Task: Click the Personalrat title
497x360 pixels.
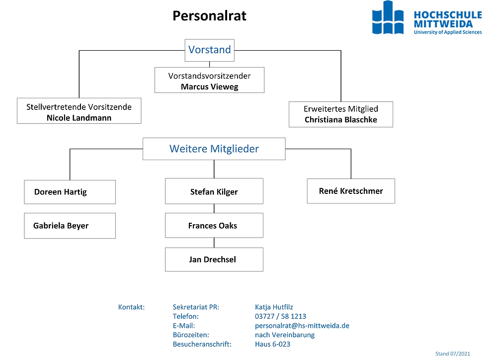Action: pos(209,16)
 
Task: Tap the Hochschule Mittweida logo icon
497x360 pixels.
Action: pos(388,17)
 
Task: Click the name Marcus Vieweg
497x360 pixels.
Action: pos(210,87)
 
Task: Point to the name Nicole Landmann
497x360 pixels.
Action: pos(79,118)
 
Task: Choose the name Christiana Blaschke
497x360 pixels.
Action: pos(341,119)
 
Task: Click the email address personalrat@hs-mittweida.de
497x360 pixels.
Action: pos(302,326)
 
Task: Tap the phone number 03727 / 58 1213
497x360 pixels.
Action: pos(280,316)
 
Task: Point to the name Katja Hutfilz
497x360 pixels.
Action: pos(274,307)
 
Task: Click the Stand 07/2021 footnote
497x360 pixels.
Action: pos(453,354)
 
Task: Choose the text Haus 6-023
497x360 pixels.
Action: pos(272,344)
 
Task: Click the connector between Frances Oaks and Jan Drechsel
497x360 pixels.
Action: pos(214,243)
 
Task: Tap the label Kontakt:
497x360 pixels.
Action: pos(131,307)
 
